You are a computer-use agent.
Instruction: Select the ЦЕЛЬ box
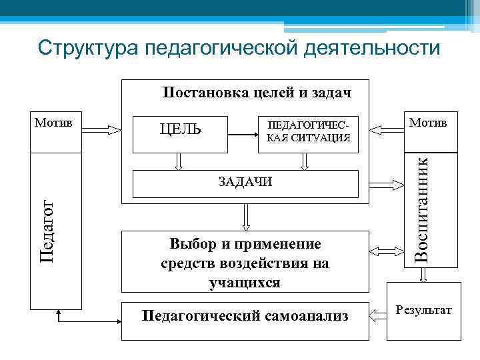pyautogui.click(x=180, y=129)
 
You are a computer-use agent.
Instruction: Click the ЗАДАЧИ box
pyautogui.click(x=246, y=183)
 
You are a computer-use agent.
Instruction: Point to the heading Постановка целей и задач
pyautogui.click(x=257, y=92)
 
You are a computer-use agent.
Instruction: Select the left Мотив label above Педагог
pyautogui.click(x=55, y=124)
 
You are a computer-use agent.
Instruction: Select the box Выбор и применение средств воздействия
pyautogui.click(x=245, y=263)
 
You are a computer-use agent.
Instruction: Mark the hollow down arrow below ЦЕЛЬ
pyautogui.click(x=179, y=161)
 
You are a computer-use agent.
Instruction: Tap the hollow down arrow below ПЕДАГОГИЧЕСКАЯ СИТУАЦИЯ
pyautogui.click(x=306, y=161)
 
